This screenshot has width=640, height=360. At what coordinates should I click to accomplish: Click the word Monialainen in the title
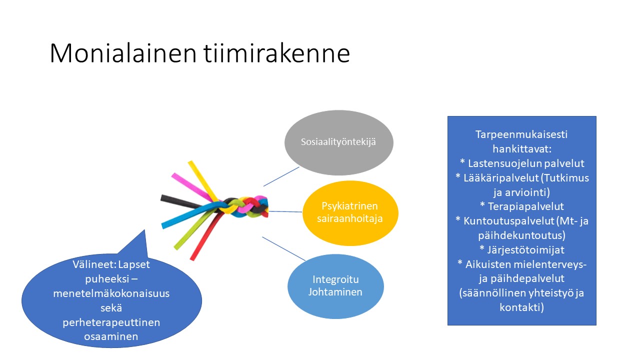point(123,53)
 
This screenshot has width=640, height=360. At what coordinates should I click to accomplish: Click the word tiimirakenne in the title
point(276,53)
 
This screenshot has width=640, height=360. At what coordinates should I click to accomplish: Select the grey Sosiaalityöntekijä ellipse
point(339,142)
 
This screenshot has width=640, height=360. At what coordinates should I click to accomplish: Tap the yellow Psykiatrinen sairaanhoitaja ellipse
point(350,213)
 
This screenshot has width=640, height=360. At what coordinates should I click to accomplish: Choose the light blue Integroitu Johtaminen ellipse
point(335,286)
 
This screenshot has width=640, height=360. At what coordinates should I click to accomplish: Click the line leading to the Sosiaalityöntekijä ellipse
point(281,176)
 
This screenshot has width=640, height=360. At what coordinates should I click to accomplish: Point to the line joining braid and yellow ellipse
point(285,211)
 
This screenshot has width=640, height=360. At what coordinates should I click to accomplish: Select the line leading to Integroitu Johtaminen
point(283,248)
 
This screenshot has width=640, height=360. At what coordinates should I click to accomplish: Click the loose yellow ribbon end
point(191,163)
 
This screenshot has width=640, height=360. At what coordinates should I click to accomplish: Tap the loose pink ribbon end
point(174,175)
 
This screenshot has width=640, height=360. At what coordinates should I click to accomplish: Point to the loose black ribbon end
point(162,198)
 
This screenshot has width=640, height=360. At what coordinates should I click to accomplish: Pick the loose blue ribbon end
point(163,225)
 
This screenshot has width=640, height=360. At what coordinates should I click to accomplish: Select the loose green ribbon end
point(177,247)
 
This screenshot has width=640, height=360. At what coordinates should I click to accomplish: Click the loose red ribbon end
point(193,258)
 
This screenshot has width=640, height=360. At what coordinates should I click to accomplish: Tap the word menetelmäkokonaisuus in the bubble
point(111,293)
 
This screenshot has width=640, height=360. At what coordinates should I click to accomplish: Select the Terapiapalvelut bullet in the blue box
point(521,206)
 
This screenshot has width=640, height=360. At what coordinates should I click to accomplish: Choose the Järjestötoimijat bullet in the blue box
point(521,249)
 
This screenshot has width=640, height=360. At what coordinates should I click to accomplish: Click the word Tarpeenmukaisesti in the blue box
point(521,134)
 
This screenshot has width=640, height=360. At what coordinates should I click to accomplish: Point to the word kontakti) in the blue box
point(521,307)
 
